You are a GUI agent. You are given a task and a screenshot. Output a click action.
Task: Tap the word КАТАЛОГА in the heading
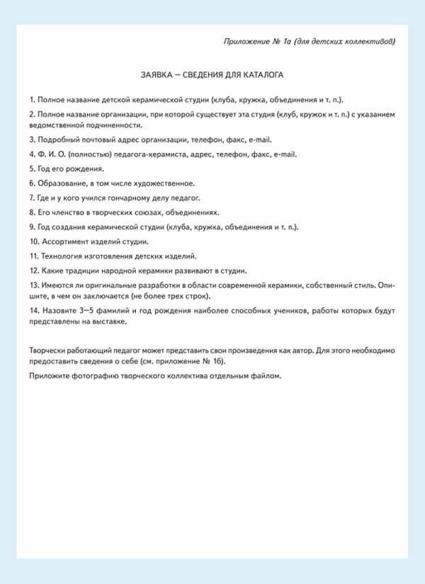pos(263,74)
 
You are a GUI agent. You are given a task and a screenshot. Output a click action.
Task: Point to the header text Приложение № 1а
pos(253,41)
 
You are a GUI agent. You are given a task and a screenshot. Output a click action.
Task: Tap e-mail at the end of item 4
pos(285,154)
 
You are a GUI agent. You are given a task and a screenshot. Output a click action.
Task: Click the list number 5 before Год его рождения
pos(32,168)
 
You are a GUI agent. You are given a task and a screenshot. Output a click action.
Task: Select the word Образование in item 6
pos(62,183)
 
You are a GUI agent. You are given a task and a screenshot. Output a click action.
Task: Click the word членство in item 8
pos(68,212)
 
